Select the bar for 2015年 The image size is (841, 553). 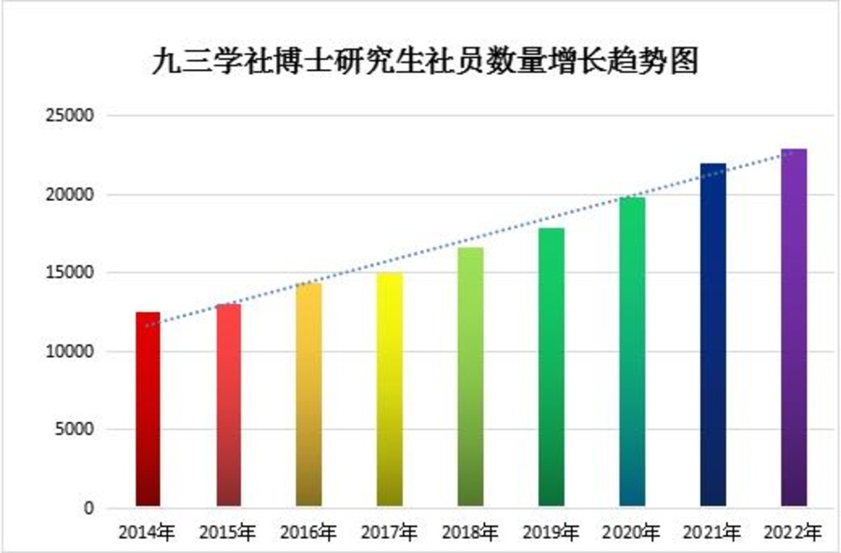pos(228,405)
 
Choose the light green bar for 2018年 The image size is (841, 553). pos(470,377)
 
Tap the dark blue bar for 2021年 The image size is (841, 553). pos(713,335)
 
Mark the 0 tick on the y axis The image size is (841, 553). pos(90,508)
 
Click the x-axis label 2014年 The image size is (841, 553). pos(148,533)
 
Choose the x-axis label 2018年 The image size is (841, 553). pos(470,533)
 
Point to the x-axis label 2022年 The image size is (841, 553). pos(794,533)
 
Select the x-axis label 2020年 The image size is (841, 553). pos(632,533)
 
